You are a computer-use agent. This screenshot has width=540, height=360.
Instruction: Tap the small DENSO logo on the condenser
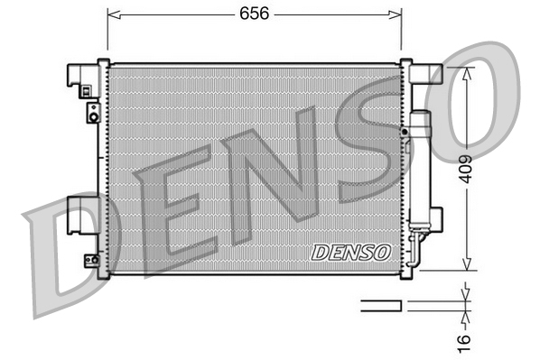(350, 253)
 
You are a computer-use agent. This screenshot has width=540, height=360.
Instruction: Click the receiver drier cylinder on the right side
(420, 167)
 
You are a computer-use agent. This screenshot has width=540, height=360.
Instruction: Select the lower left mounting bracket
(82, 217)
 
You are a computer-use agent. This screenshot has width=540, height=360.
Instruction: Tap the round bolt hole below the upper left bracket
(92, 113)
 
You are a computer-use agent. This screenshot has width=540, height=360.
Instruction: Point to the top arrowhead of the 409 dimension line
(466, 72)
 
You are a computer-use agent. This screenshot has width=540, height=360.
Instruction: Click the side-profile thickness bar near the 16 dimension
(380, 306)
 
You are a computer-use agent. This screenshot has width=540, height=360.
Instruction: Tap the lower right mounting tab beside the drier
(438, 217)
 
